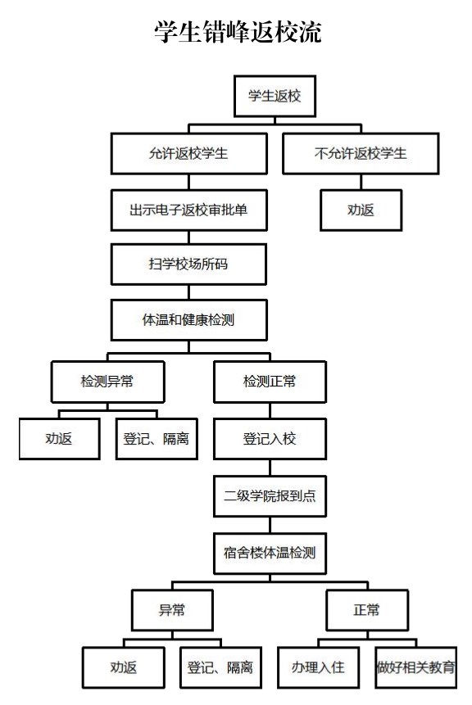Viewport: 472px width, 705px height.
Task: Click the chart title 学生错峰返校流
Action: click(x=238, y=31)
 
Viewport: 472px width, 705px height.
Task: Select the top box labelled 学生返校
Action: click(x=275, y=96)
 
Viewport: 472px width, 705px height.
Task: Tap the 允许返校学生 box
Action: click(x=189, y=153)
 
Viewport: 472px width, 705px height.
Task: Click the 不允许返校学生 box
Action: click(x=361, y=153)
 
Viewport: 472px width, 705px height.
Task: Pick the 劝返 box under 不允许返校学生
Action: click(x=361, y=210)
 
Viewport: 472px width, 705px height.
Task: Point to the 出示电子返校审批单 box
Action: click(x=189, y=210)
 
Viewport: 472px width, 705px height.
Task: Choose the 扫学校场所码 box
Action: click(x=189, y=264)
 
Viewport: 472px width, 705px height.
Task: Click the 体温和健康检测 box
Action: click(x=189, y=319)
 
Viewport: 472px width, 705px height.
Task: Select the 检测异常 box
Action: click(x=107, y=382)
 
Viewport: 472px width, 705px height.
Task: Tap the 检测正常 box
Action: click(x=270, y=382)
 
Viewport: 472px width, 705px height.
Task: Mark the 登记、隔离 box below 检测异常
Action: click(x=157, y=439)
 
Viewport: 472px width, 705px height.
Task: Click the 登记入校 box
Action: click(x=270, y=439)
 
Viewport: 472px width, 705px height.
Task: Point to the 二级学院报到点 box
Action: click(x=270, y=496)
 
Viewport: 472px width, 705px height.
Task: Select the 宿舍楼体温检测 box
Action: click(x=270, y=553)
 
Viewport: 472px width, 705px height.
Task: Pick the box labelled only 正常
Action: click(x=367, y=610)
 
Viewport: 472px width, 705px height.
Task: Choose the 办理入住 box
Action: click(x=318, y=667)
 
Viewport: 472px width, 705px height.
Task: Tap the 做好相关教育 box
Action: click(x=415, y=667)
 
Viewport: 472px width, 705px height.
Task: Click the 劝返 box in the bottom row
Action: click(x=123, y=667)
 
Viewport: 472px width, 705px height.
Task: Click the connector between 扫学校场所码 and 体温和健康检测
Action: click(x=189, y=292)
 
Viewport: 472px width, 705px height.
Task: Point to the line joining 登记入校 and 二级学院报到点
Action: click(x=270, y=468)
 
